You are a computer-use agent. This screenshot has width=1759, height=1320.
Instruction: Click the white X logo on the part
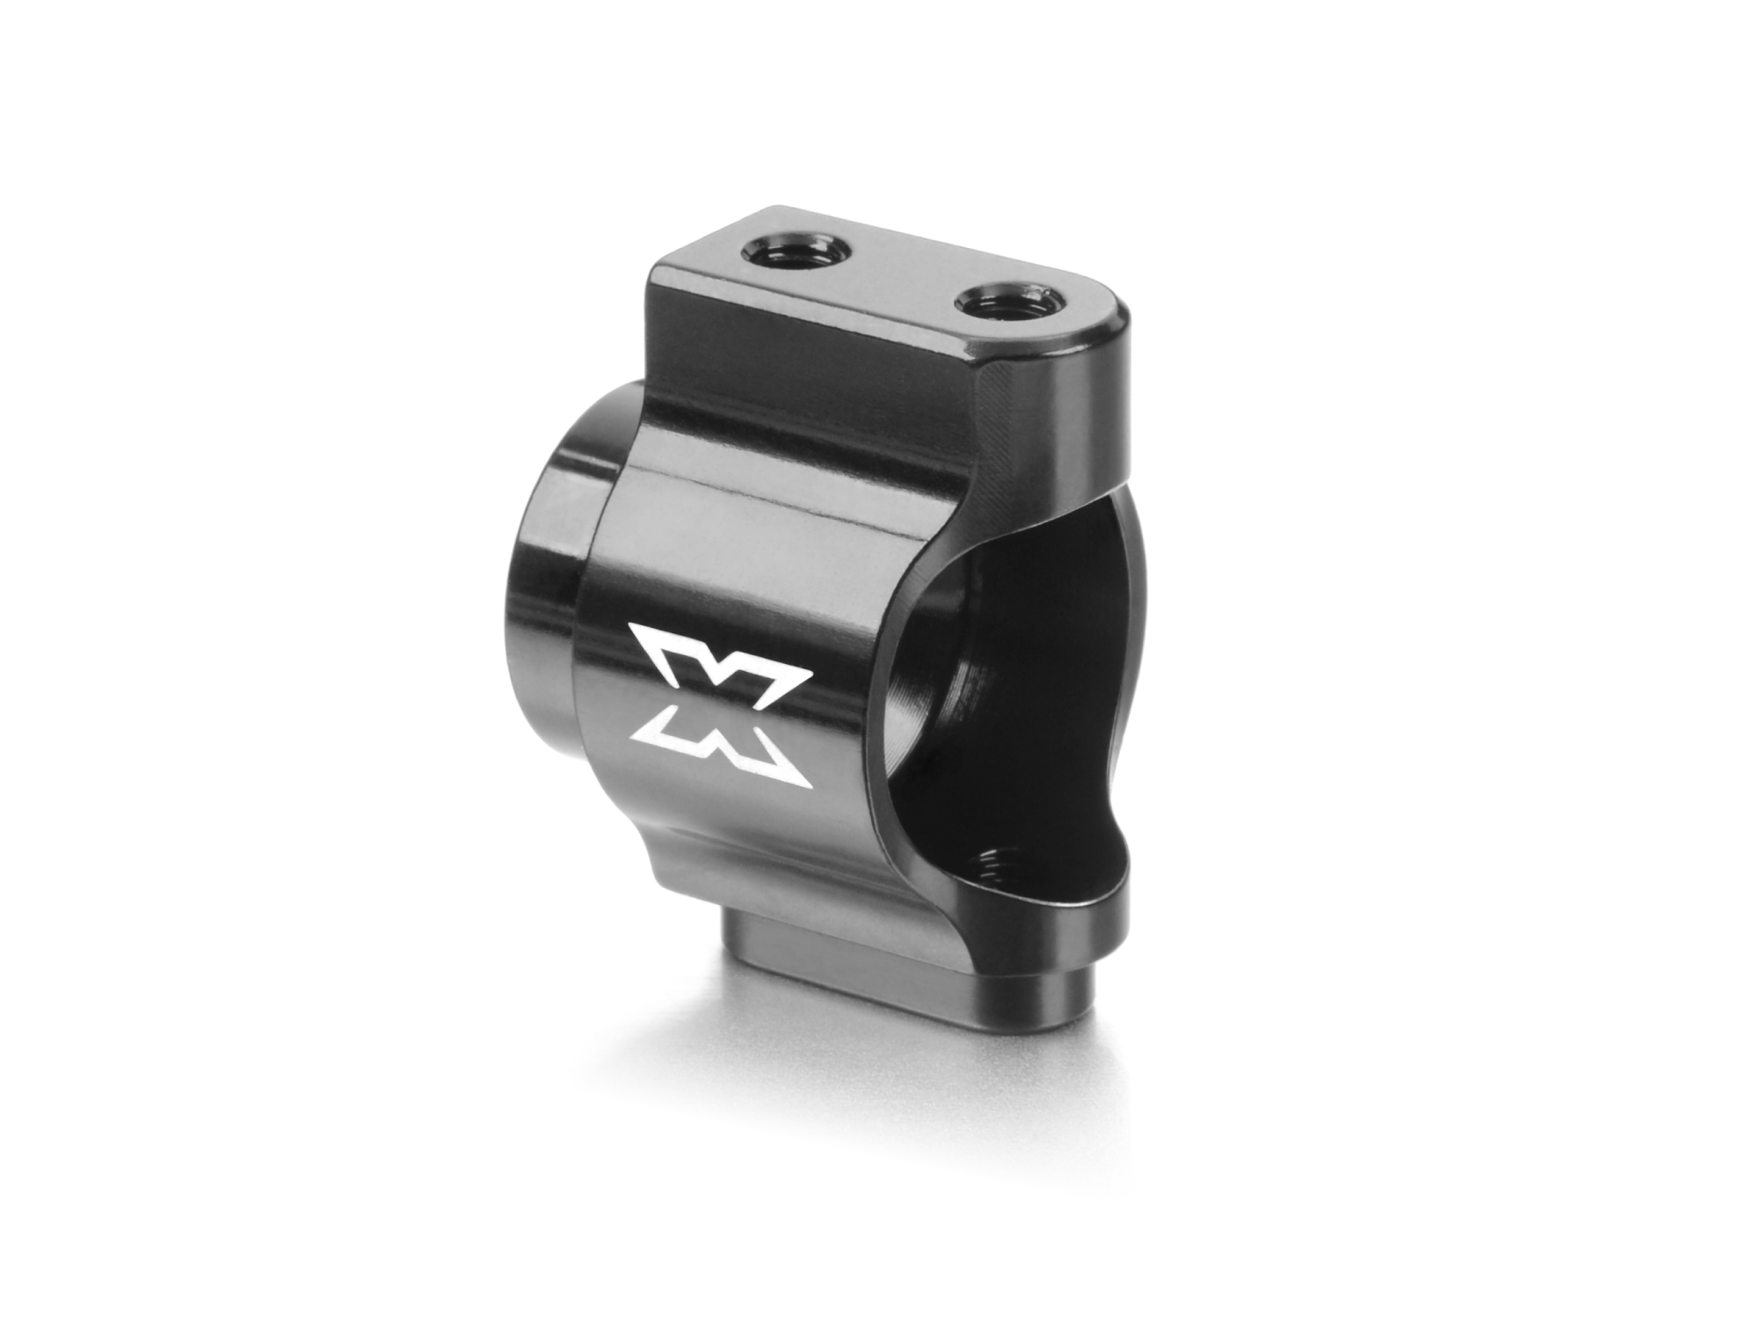click(720, 704)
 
